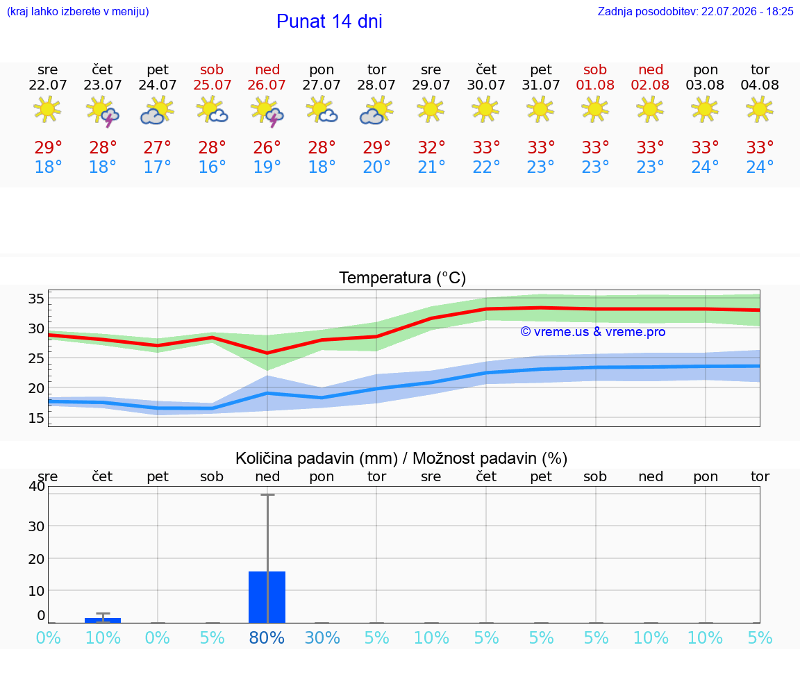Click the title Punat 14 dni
[329, 22]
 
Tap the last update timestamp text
[695, 12]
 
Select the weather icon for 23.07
[103, 110]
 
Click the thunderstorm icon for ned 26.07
[267, 110]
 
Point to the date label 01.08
[595, 85]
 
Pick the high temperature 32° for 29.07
[431, 148]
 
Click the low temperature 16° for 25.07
[212, 167]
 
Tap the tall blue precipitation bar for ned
[267, 597]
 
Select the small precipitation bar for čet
[103, 620]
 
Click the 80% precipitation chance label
[267, 638]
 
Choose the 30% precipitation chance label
[322, 638]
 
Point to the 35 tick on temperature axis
[36, 299]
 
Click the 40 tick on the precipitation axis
[36, 486]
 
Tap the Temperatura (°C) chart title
[403, 278]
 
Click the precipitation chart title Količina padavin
[401, 459]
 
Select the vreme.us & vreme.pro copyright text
[593, 332]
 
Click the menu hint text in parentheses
[78, 12]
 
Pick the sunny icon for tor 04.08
[760, 109]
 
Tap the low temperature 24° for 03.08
[705, 167]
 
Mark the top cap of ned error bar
[267, 494]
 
